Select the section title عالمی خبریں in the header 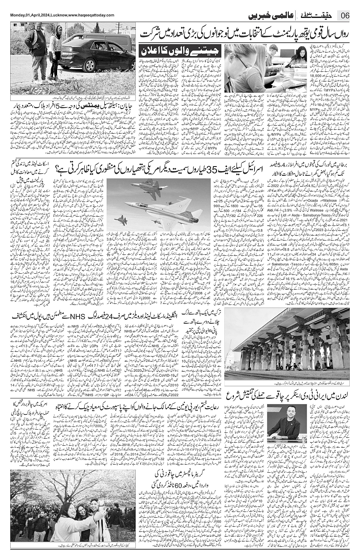[268, 16]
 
